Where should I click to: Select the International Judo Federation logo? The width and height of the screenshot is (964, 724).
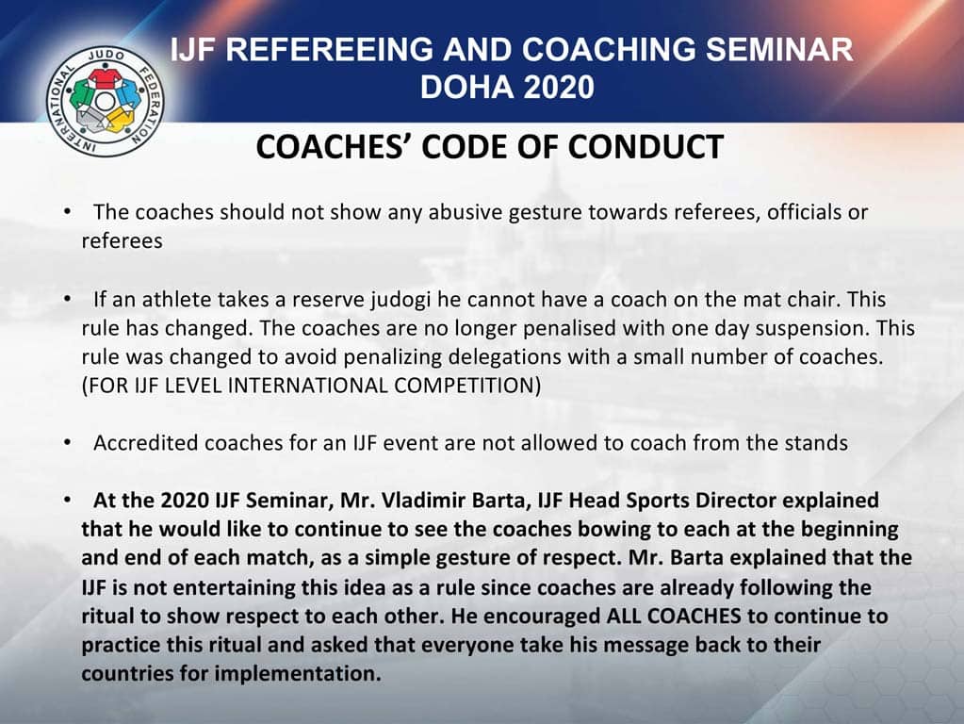[106, 102]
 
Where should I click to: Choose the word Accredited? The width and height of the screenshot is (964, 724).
[139, 443]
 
